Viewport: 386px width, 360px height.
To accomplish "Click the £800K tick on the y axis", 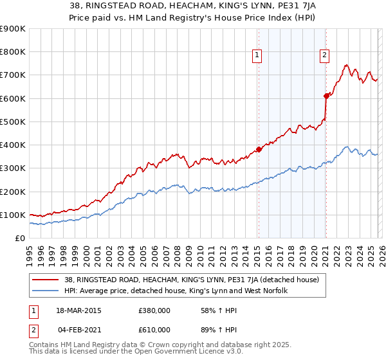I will pyautogui.click(x=14, y=52).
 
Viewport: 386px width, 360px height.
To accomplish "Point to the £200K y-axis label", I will pyautogui.click(x=14, y=192).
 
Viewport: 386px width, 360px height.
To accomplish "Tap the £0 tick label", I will pyautogui.click(x=21, y=238).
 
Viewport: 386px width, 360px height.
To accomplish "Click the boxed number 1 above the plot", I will pyautogui.click(x=257, y=55).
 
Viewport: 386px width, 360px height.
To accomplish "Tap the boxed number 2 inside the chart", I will pyautogui.click(x=325, y=55).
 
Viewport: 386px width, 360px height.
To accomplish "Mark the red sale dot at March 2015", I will pyautogui.click(x=259, y=149).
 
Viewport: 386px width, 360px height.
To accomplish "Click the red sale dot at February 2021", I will pyautogui.click(x=326, y=96).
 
